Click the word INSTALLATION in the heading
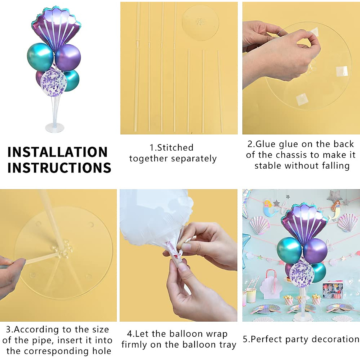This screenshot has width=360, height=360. click(x=57, y=152)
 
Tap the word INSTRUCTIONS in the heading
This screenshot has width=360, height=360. click(x=59, y=168)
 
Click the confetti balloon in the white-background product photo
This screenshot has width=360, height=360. click(x=53, y=83)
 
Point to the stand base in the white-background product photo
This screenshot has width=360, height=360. click(x=55, y=128)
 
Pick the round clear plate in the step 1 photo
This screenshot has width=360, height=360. click(x=200, y=23)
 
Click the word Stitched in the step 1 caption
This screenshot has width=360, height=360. click(x=175, y=148)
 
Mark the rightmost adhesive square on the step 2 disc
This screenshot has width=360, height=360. click(x=341, y=71)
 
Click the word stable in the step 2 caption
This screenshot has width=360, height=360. click(x=268, y=166)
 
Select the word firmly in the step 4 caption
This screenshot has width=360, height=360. click(x=136, y=345)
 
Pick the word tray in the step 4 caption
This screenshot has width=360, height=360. click(x=228, y=345)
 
